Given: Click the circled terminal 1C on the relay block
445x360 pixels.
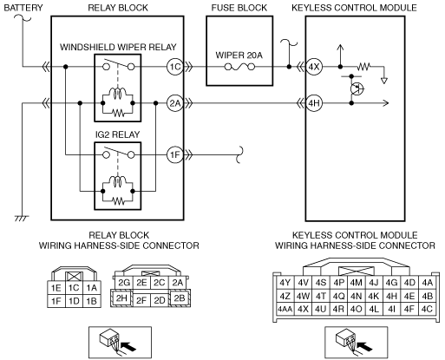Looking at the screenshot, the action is (x=175, y=67).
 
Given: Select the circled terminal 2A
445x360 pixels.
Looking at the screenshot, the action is (x=175, y=103).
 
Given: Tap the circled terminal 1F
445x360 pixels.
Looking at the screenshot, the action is (x=175, y=155).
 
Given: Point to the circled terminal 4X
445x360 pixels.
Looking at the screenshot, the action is (x=314, y=67).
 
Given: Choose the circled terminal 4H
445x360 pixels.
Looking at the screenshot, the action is (x=314, y=103).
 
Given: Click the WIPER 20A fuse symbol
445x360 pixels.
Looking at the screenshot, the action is (x=239, y=68).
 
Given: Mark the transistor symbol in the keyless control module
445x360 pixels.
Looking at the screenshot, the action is (x=357, y=88).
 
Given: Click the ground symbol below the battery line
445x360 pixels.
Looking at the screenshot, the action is (x=22, y=219).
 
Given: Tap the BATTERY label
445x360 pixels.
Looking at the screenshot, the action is (x=23, y=8).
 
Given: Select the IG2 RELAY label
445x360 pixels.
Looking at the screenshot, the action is (x=118, y=134).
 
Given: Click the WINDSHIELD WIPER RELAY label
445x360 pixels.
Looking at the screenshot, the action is (x=118, y=47).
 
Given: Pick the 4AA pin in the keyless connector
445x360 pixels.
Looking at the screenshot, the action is (x=285, y=309).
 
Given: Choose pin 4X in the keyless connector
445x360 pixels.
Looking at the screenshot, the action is (x=303, y=309).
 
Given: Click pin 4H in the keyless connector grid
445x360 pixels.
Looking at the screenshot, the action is (x=391, y=296).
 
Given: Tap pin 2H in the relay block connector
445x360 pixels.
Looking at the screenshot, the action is (x=121, y=298).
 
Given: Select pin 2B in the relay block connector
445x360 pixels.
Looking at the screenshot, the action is (x=180, y=298).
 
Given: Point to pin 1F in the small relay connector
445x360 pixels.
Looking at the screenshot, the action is (x=56, y=301).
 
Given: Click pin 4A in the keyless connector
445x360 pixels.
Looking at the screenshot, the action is (x=427, y=283).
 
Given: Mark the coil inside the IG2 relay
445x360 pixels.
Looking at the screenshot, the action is (x=117, y=181).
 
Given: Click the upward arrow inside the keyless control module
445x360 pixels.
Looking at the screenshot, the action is (x=340, y=56).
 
